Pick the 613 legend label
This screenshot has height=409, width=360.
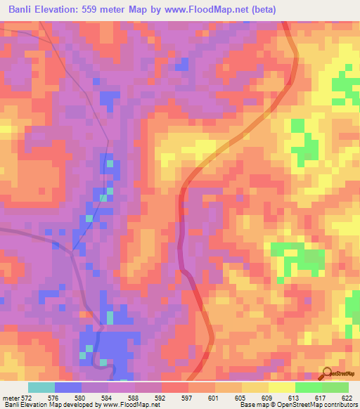point(295,398)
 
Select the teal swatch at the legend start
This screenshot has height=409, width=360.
point(41,387)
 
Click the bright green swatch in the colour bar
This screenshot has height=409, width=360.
point(309,387)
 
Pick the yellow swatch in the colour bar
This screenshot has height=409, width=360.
point(282,387)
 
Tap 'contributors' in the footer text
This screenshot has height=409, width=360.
point(337,405)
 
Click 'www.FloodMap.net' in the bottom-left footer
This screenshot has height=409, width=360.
point(127,405)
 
